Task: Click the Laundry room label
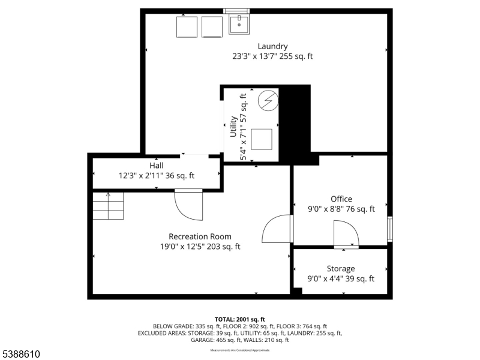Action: tap(272, 46)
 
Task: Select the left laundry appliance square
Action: tap(187, 26)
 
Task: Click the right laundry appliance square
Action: tap(212, 26)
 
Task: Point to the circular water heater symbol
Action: tap(268, 100)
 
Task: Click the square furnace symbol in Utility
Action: tap(262, 139)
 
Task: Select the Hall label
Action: tap(156, 165)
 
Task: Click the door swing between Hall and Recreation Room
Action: tap(188, 206)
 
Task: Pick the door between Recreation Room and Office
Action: tap(277, 229)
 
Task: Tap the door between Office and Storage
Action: tap(346, 234)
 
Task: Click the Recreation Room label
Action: tap(200, 236)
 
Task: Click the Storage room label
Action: tap(340, 268)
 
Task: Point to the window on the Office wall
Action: tap(390, 229)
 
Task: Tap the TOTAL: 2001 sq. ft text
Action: tap(239, 319)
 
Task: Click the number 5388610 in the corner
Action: tap(20, 355)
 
